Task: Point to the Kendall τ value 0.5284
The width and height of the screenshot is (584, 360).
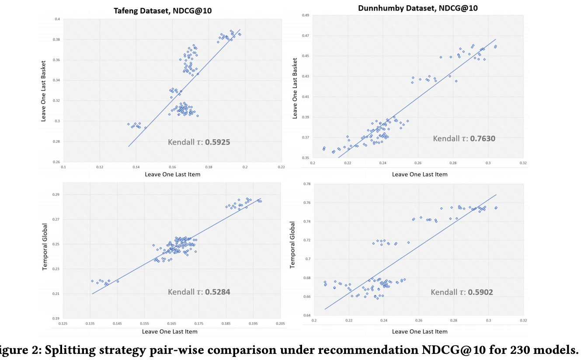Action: (x=214, y=292)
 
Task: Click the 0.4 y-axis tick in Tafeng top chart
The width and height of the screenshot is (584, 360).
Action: (x=57, y=19)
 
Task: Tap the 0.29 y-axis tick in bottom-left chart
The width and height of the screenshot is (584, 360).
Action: (x=56, y=194)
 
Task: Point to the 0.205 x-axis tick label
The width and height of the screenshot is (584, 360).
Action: (x=280, y=323)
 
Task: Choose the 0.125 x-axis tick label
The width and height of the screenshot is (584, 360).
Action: (x=63, y=323)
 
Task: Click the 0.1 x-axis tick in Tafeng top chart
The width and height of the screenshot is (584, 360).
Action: (x=63, y=167)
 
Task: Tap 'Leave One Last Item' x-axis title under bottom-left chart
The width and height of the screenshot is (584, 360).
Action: (x=170, y=332)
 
